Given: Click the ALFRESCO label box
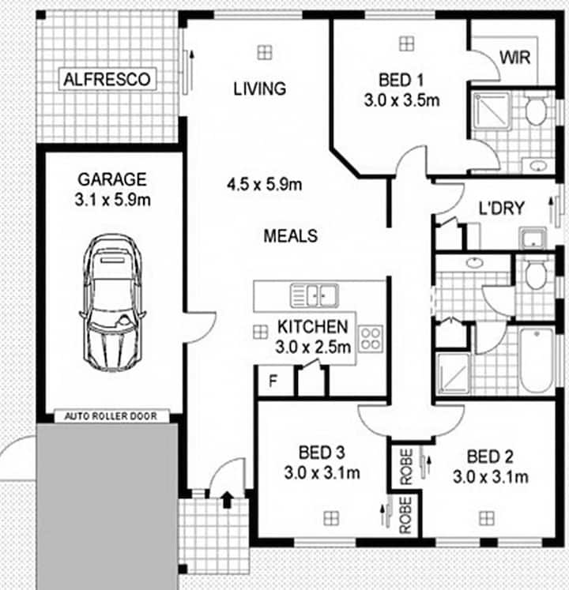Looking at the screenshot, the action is click(x=107, y=79).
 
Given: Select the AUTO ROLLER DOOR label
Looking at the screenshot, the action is click(x=111, y=416).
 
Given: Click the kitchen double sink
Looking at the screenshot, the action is click(x=314, y=295).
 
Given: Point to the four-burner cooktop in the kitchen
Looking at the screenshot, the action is click(x=371, y=339).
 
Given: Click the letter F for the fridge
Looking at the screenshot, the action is click(x=273, y=381).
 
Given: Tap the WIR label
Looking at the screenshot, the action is click(x=514, y=58).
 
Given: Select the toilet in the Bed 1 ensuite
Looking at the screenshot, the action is click(x=536, y=110).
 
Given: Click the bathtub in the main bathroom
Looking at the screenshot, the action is click(x=537, y=360).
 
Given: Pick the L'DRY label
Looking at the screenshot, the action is click(x=501, y=208).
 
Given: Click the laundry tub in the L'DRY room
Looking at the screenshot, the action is click(x=533, y=239).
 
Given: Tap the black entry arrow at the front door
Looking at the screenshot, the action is click(x=227, y=500).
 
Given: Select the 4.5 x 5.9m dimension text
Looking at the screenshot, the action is click(x=265, y=184).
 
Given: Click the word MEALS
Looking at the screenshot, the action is click(x=290, y=236).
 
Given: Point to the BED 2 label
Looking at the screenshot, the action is click(x=490, y=457).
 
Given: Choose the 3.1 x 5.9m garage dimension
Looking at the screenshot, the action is click(x=112, y=199).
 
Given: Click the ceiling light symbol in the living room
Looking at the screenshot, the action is click(x=265, y=52).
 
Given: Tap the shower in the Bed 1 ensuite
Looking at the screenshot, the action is click(x=492, y=111).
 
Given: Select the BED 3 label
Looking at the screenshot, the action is click(x=322, y=453).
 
